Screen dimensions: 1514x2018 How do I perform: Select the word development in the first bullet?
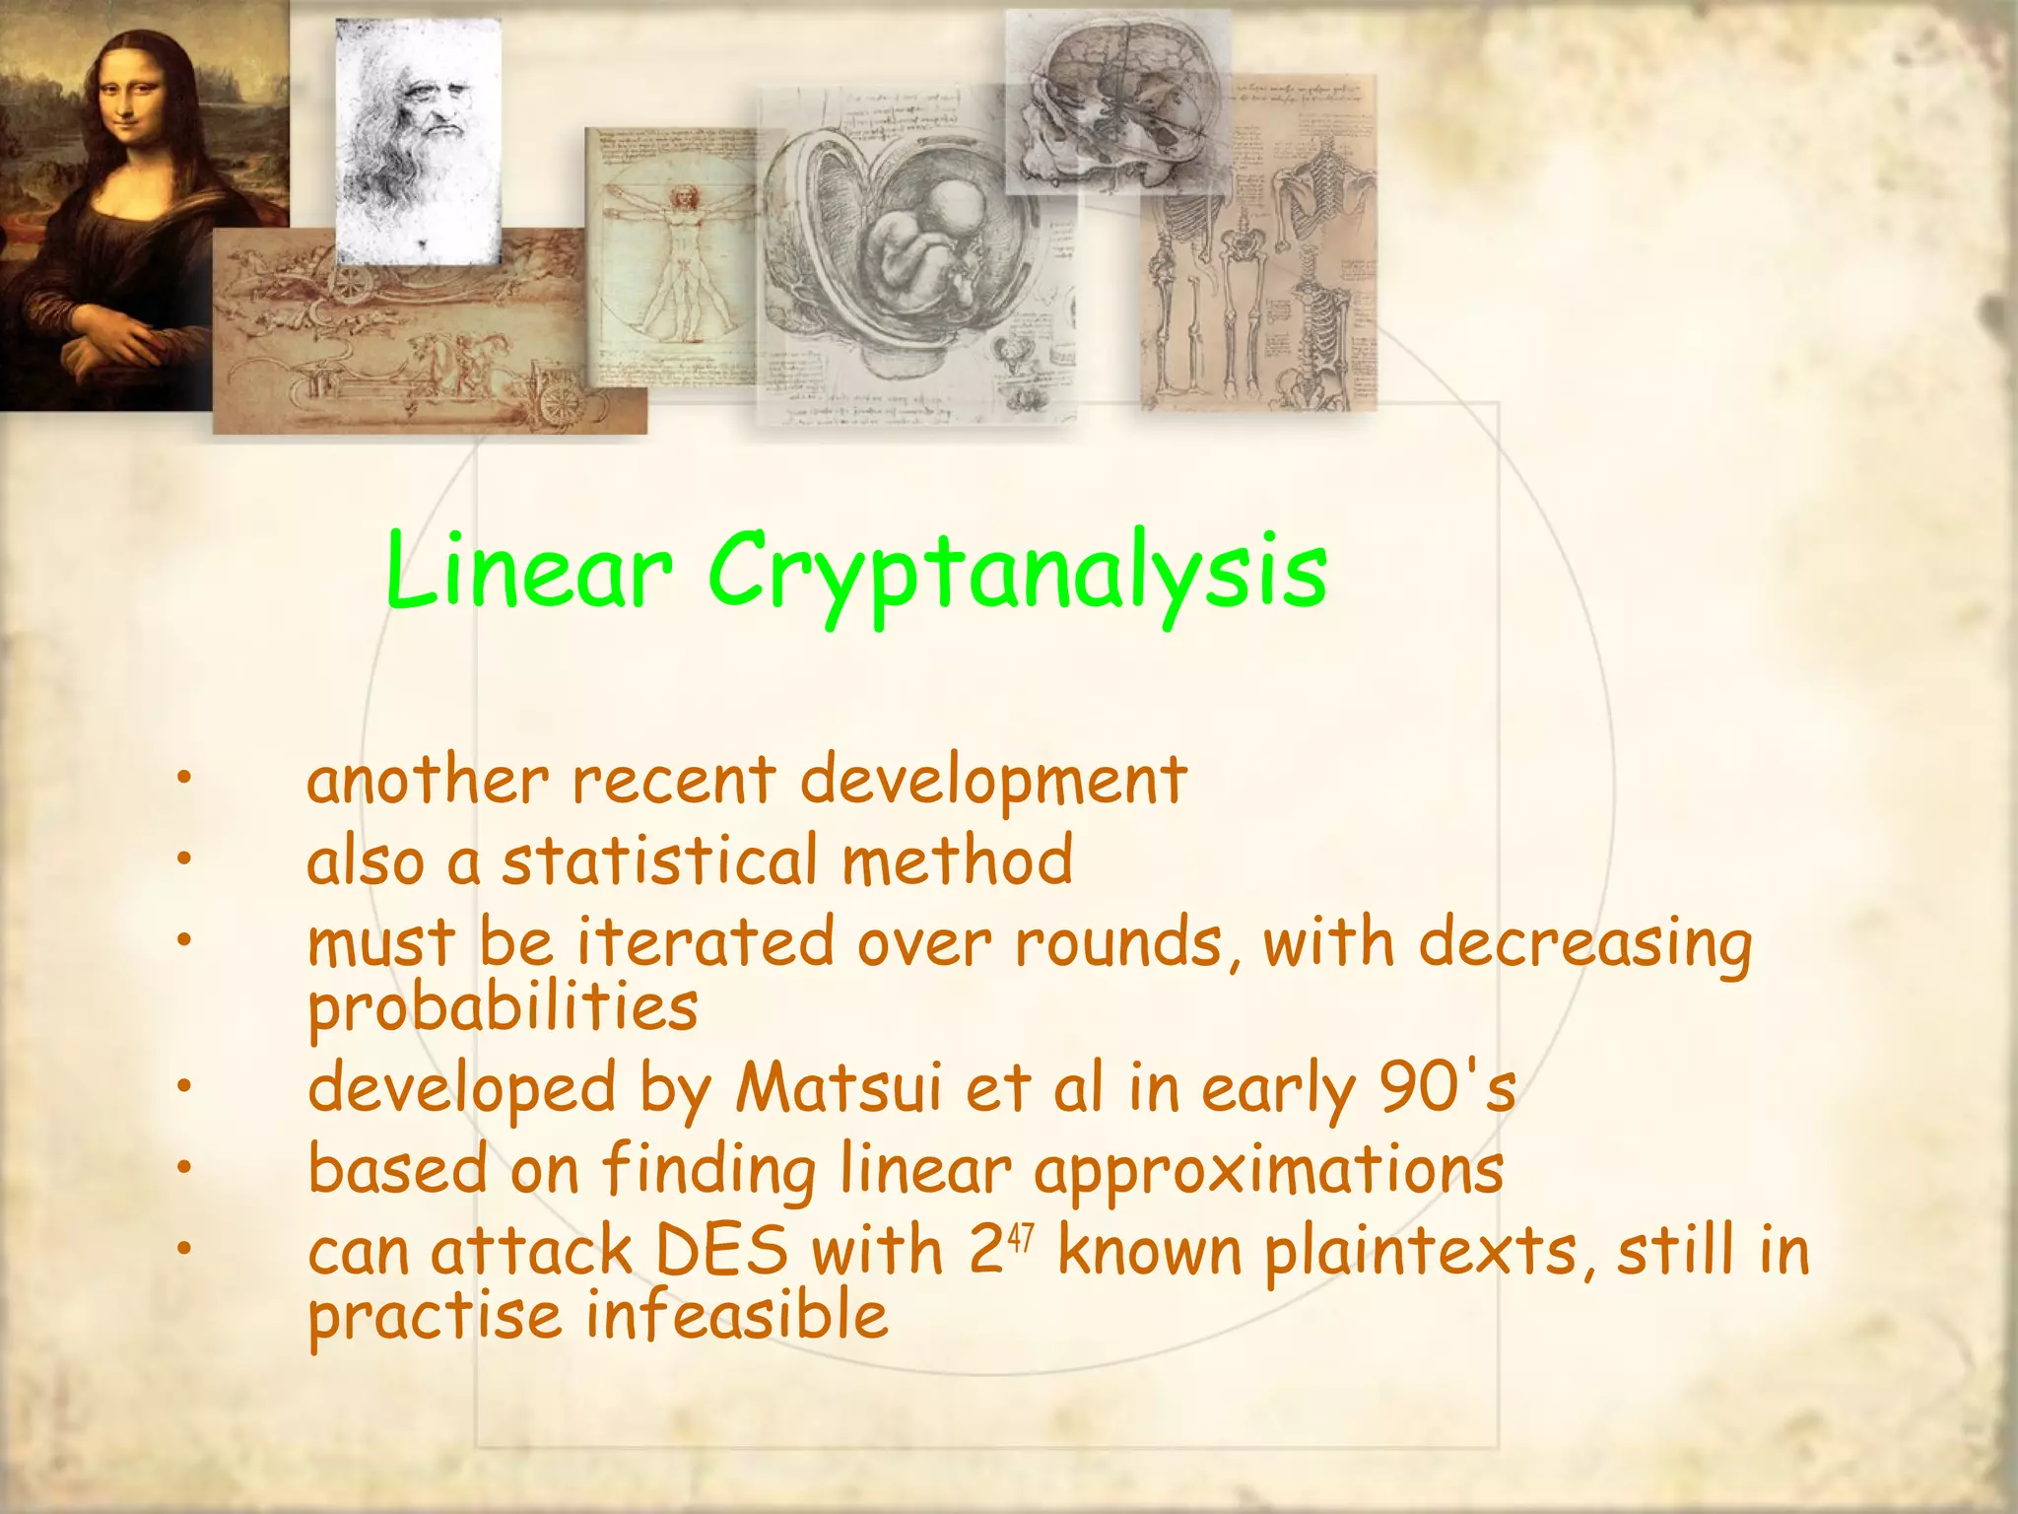992,781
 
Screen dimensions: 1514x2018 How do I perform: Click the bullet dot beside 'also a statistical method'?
182,860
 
